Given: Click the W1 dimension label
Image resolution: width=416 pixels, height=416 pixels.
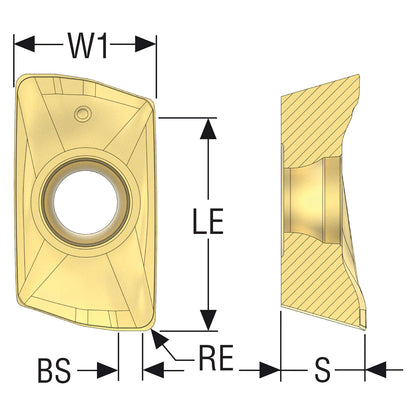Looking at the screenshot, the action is coord(88,45).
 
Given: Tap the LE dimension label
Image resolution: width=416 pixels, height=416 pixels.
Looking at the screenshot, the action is coord(208,221).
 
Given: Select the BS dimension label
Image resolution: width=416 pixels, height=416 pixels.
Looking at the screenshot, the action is coord(54,371).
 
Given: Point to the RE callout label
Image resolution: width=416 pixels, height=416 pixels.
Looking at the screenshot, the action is coord(216,358).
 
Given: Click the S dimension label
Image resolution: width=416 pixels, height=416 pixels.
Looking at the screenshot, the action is coord(322,370).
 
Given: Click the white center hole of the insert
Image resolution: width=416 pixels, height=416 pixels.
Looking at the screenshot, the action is coord(86,202).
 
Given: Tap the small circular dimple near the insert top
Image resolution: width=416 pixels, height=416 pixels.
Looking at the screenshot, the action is coord(82,113).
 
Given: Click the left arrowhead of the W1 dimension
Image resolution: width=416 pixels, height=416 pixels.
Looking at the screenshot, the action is coord(24,44).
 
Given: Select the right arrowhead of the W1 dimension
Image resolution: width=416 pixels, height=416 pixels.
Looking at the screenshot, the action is coord(146,44).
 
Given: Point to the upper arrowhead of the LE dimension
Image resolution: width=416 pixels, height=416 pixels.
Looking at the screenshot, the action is coord(208,128).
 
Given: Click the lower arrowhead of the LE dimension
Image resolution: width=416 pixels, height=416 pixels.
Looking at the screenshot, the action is coord(208,320).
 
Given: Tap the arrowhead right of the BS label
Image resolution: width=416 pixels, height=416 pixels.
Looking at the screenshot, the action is coord(108,370).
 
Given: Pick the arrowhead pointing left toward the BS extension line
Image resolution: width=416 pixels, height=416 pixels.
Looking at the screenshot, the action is coord(153,370).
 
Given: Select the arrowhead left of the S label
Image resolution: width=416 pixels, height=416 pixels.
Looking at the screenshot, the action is coord(270,370).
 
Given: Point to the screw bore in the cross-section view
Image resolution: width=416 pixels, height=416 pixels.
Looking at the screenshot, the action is coord(313,201).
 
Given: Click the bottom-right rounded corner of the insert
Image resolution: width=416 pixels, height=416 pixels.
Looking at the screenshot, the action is coord(149,325).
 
